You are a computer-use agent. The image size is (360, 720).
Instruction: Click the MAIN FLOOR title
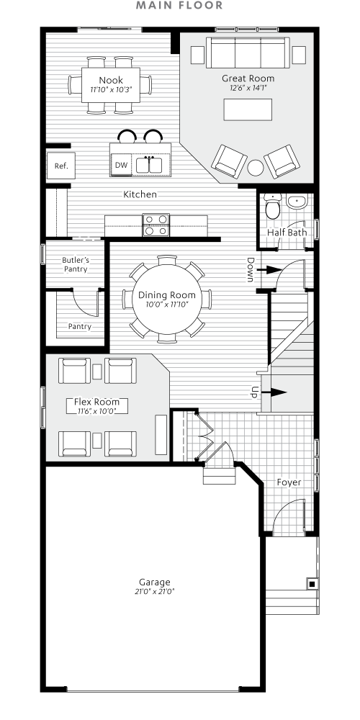(x=179, y=6)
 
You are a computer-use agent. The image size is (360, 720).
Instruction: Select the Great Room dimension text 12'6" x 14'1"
(x=248, y=89)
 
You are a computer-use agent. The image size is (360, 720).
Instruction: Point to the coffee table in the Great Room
(x=248, y=109)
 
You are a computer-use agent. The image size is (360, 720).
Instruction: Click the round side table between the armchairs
(x=255, y=168)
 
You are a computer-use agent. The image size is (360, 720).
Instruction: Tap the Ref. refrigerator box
(x=60, y=166)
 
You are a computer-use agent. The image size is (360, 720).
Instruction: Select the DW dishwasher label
(x=122, y=166)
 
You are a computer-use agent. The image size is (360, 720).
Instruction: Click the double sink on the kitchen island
(x=150, y=165)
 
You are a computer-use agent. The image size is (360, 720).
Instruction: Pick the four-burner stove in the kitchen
(x=156, y=225)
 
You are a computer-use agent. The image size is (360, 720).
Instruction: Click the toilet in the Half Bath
(x=272, y=207)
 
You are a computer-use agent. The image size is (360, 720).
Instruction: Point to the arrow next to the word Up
(x=276, y=392)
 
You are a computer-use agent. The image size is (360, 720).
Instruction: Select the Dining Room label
(x=167, y=295)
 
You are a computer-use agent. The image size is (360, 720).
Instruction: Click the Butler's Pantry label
(x=75, y=264)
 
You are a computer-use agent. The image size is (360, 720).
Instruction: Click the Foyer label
(x=289, y=482)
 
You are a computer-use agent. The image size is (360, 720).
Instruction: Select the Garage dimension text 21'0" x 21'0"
(x=155, y=591)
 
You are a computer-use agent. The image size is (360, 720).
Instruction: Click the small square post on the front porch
(x=311, y=583)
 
